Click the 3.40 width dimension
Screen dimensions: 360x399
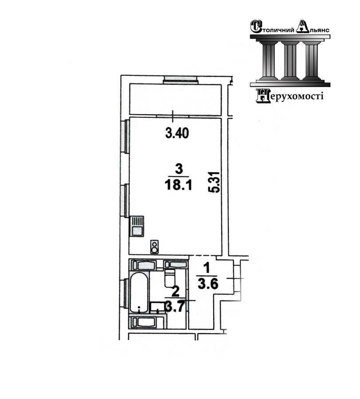coord(177,133)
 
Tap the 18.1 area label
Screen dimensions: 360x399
coord(178,185)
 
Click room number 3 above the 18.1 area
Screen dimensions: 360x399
coord(179,169)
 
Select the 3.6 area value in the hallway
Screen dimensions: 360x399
coord(208,284)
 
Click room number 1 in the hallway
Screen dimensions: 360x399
coord(207,268)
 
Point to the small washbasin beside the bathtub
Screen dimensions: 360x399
coord(157,307)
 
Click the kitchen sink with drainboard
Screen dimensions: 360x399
coord(137,226)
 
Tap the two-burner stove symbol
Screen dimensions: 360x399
coord(154,247)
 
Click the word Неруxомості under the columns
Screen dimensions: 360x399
coord(290,96)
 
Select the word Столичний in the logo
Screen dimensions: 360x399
coord(273,27)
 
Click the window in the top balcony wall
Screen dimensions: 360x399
coord(180,79)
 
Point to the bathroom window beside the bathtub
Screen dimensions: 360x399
coord(125,293)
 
